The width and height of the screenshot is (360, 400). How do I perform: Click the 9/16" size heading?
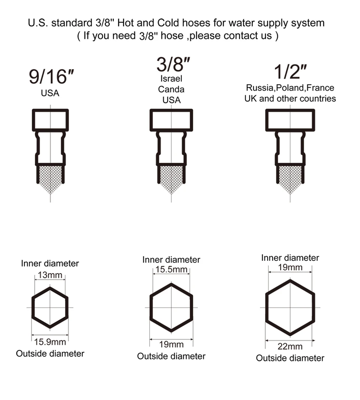tap(51, 77)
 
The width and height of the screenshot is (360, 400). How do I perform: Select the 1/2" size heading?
tap(289, 72)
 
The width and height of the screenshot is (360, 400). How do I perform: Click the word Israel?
tap(171, 79)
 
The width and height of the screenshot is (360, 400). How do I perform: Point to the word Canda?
tap(171, 89)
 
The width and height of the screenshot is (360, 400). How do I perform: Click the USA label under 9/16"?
tap(50, 93)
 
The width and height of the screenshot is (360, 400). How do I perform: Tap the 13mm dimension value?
tap(50, 275)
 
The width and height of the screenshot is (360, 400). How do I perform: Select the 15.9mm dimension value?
tap(50, 342)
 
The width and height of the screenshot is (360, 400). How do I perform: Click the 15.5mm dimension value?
tap(171, 270)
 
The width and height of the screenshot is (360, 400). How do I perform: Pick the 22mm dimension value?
tap(290, 346)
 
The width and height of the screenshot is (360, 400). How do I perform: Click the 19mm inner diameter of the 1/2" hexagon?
tap(290, 268)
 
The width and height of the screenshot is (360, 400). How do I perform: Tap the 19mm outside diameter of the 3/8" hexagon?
tap(171, 344)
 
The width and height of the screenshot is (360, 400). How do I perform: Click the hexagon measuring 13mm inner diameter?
tap(50, 308)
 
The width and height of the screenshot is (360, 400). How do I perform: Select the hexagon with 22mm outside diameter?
tap(290, 308)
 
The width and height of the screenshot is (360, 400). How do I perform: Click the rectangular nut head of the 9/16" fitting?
tap(50, 120)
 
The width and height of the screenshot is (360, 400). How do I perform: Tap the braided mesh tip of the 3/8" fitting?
tap(171, 178)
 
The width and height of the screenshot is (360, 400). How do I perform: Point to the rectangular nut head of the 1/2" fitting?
tap(290, 120)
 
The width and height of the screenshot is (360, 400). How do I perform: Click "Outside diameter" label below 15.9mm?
tap(50, 353)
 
